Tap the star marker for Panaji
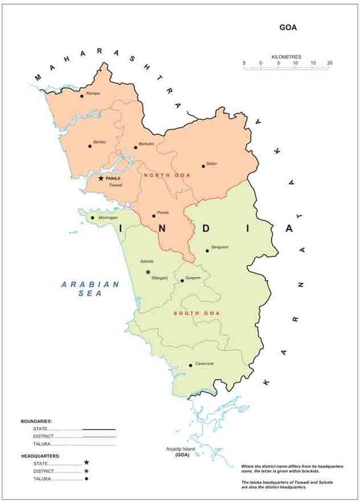[x=101, y=178]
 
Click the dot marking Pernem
[x=82, y=95]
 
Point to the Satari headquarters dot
[x=203, y=166]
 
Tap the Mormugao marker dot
[x=93, y=217]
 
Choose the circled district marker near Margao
[x=148, y=272]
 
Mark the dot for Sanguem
[x=208, y=250]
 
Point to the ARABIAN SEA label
[x=90, y=288]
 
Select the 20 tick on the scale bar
[x=329, y=63]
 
